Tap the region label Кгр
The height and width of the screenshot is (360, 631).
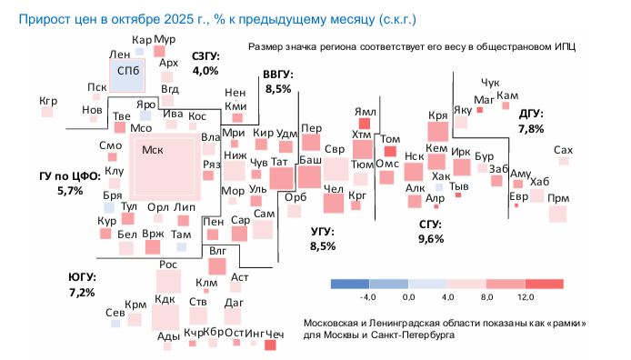pos(48,101)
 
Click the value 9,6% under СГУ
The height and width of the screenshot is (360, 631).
pos(431,238)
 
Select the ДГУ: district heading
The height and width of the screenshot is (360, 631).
pos(531,115)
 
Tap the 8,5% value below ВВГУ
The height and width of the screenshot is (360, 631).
pos(278,88)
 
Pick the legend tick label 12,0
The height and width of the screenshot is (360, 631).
pos(526,297)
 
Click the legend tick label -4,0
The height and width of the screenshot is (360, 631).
pos(368,297)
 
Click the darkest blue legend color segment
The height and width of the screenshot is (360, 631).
pos(349,284)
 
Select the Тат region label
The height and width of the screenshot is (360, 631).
pos(280,162)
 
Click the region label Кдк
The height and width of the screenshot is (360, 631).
pos(165,298)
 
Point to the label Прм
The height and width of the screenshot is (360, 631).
pos(559,197)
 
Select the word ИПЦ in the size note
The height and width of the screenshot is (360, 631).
pos(571,45)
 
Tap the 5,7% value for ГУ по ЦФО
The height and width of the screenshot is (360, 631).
pos(70,191)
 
